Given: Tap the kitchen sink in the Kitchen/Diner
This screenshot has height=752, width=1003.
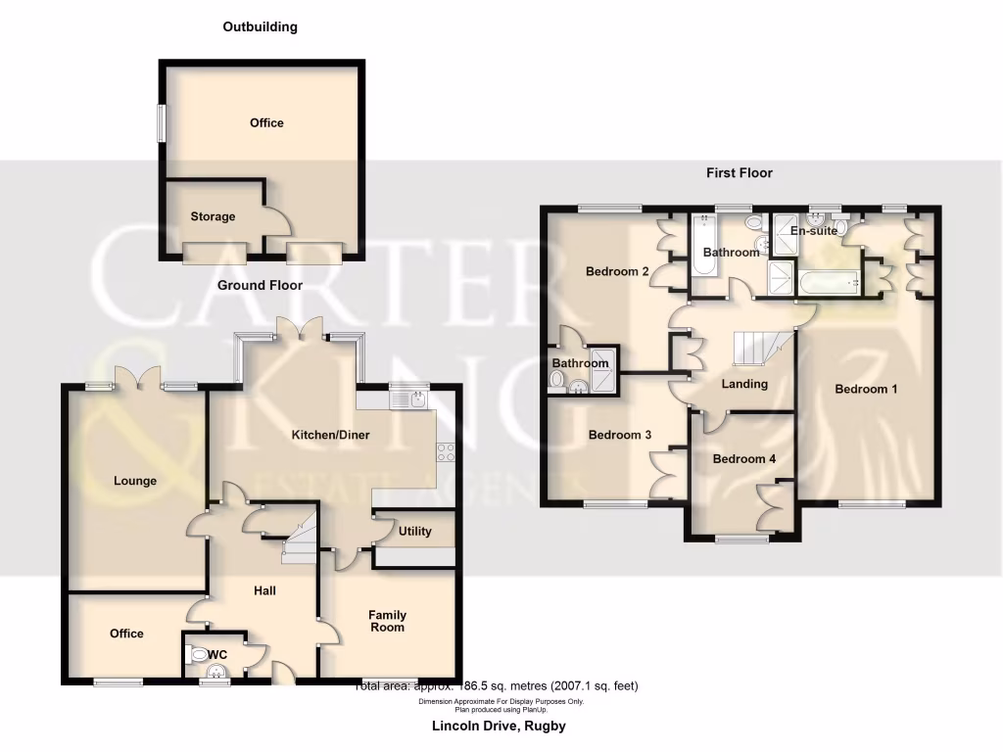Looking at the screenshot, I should point(408,398).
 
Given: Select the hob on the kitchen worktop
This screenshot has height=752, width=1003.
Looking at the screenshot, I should point(445,452).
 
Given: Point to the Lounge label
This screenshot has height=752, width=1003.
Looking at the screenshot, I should point(135,481).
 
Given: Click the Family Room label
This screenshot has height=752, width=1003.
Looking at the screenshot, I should point(388,621).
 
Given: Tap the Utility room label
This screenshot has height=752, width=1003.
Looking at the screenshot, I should point(414,532).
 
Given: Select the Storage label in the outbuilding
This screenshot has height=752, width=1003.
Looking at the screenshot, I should point(213,216).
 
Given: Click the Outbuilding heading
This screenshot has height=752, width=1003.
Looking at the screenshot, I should point(260,27).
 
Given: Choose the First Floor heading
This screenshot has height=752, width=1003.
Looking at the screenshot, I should point(740,173).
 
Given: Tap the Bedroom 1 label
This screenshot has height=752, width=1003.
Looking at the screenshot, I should point(866,389).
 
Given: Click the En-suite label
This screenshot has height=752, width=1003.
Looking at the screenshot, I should point(814,231).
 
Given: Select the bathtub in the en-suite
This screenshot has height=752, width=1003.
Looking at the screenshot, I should point(829,283).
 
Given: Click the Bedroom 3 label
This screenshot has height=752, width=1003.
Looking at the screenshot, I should point(619,435).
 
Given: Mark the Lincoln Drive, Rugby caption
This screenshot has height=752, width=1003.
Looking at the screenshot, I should point(499,727).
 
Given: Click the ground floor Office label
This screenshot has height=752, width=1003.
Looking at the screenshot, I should point(126,634).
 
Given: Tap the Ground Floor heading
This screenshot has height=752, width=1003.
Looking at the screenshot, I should point(260,285).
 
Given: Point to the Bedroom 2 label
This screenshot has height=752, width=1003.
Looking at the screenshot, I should point(618,271).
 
